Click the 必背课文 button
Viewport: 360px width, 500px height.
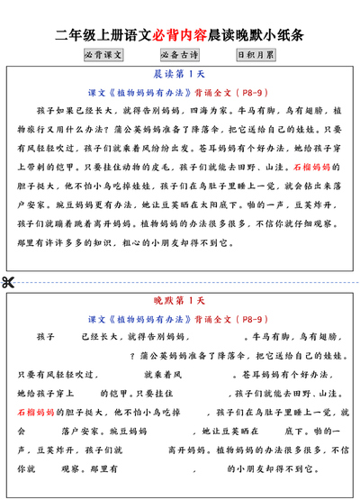[103, 54]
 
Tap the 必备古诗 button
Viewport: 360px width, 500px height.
[180, 54]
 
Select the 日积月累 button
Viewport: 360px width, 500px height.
[256, 54]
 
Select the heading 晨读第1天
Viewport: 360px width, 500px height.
[180, 76]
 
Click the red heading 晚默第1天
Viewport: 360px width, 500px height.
[180, 301]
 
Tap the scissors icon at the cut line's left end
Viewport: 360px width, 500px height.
[9, 282]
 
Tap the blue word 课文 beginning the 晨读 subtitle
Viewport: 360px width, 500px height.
[94, 94]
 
